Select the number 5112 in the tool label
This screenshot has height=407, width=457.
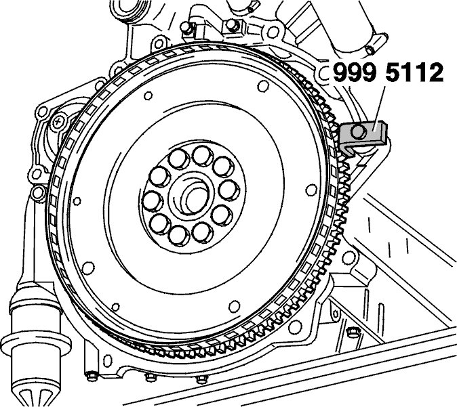pos(414,72)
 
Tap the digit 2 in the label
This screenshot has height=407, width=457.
pos(434,72)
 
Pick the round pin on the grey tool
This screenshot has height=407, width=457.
pos(358,132)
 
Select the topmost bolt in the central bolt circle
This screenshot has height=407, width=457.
pos(203,156)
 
